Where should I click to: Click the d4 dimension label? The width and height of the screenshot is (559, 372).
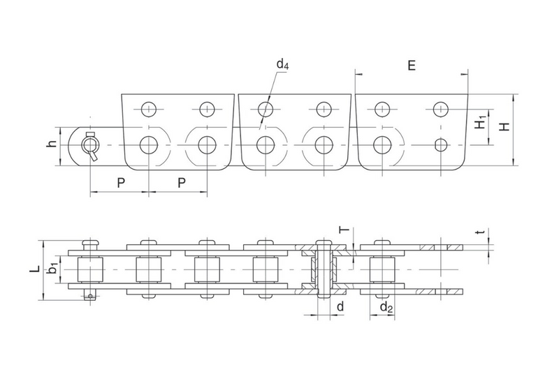282,64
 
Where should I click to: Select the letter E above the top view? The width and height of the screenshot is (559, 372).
412,66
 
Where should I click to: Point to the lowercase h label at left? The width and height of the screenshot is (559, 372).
52,144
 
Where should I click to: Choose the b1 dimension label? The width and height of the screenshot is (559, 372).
53,268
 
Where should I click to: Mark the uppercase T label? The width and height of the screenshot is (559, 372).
344,230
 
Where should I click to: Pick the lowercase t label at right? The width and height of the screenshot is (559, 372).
481,232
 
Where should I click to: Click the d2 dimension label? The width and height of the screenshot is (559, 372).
386,306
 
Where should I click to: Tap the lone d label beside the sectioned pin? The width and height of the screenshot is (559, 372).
340,306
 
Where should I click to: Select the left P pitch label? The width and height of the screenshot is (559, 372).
121,183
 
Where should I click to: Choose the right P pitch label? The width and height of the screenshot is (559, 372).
182,183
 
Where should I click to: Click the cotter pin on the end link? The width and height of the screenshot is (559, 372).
92,147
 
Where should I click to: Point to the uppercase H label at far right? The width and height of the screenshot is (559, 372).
504,126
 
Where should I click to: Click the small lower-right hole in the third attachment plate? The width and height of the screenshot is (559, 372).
441,145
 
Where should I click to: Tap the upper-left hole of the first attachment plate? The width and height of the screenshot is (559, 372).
148,109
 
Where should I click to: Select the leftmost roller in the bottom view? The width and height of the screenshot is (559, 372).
90,269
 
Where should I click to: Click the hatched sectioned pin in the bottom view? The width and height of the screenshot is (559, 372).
324,269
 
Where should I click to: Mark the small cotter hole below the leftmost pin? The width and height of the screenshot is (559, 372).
91,296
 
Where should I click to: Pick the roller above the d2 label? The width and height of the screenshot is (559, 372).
382,269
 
